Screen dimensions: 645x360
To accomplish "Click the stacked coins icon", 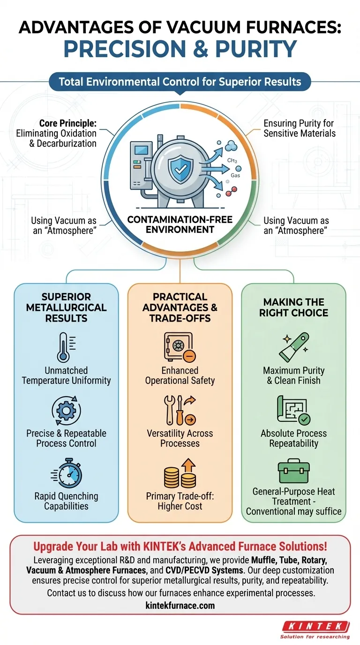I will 180,473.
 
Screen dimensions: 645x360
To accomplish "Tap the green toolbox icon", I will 293,472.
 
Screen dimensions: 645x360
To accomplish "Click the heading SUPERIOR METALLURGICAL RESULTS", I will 66,307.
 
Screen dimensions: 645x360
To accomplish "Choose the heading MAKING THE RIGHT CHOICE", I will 293,307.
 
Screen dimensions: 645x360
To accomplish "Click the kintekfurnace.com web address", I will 180,605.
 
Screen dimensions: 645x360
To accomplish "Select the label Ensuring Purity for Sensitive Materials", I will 300,128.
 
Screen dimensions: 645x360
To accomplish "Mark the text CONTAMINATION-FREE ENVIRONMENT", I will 180,224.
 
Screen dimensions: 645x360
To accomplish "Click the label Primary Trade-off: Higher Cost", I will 180,501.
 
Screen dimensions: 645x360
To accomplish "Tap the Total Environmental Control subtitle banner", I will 180,82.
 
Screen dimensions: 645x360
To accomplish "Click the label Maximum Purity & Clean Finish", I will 293,375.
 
